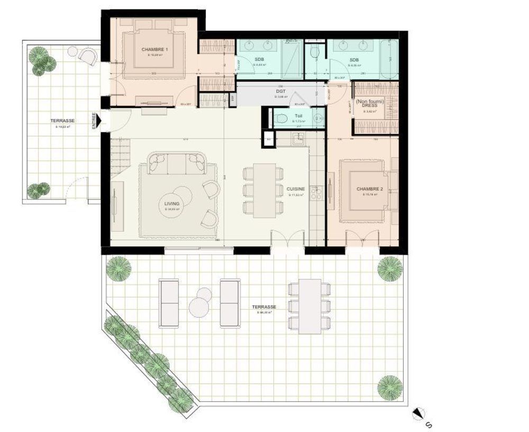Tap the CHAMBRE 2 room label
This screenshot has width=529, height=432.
coord(369,188)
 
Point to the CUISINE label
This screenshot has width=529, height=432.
coord(295,189)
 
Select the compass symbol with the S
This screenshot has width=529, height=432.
coord(419,413)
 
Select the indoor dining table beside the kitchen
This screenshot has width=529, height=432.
coord(265,191)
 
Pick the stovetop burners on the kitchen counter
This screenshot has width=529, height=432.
coord(318,193)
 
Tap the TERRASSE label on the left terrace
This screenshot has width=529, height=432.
coord(62,121)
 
